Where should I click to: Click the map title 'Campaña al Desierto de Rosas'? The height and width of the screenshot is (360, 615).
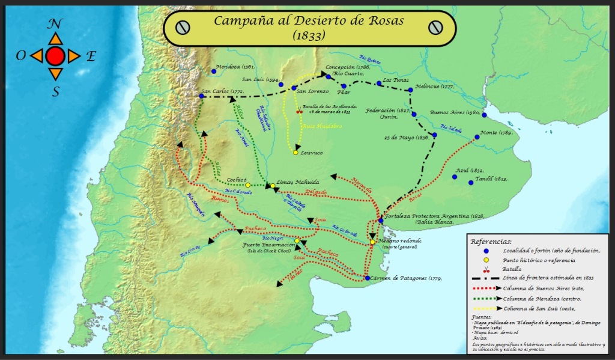[309, 20]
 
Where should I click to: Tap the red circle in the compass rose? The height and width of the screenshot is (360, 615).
[55, 56]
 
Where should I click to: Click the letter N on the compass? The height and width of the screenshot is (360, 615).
[55, 24]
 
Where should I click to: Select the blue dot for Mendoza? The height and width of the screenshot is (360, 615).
[214, 71]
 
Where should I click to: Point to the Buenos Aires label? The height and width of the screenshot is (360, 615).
[453, 112]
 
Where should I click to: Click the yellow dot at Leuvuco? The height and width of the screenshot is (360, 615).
[295, 153]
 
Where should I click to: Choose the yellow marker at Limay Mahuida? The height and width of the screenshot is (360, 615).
[272, 185]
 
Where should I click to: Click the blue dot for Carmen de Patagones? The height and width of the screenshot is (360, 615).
[367, 278]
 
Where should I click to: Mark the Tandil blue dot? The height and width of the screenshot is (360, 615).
[471, 182]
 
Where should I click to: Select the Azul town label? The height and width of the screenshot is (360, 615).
[462, 170]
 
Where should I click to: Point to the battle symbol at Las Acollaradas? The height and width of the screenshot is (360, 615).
[300, 111]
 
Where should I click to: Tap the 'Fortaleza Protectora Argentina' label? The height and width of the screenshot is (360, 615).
[426, 215]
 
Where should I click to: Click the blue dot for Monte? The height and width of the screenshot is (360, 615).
[477, 137]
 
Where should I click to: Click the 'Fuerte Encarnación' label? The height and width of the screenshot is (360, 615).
[268, 245]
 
